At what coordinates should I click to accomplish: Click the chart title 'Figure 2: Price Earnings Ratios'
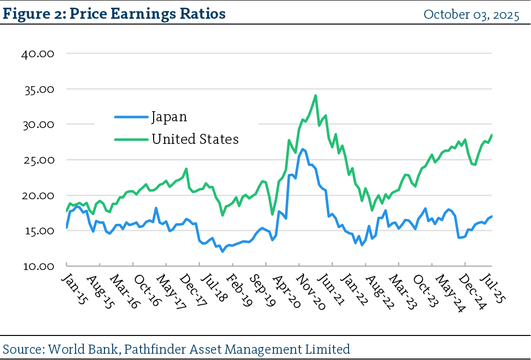[114, 13]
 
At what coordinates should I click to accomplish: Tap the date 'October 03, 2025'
[471, 14]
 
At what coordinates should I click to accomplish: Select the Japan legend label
[169, 116]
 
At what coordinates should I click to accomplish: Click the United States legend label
[195, 139]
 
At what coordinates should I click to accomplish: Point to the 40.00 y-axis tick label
[38, 53]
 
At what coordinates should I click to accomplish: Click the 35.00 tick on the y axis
[38, 89]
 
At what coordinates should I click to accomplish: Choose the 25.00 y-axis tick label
[38, 160]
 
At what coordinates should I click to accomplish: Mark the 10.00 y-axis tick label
[38, 266]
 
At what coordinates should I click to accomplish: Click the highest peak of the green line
[315, 95]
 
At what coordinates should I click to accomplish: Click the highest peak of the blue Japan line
[302, 149]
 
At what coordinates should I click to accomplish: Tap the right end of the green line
[492, 135]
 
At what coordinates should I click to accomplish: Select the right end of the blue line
[492, 216]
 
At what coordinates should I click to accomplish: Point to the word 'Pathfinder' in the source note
[148, 348]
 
